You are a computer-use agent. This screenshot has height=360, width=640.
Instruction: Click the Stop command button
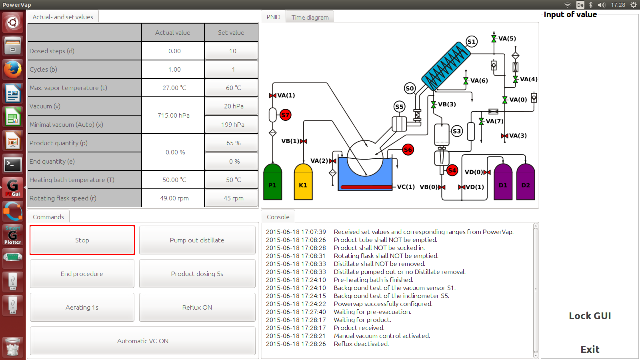tap(82, 240)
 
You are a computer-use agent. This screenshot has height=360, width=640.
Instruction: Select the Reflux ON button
tap(197, 307)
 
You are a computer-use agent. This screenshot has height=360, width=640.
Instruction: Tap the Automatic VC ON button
tap(142, 341)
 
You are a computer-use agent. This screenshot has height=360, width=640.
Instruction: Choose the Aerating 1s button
tap(82, 307)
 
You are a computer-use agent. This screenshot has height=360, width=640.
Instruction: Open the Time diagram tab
tap(310, 17)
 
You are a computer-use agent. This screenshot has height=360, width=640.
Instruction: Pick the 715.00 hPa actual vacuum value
tap(173, 115)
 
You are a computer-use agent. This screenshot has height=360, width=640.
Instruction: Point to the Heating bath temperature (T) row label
tap(72, 180)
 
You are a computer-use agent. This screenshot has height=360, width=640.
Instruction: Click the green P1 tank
tap(272, 182)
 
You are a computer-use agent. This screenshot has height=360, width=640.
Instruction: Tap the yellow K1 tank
tap(303, 182)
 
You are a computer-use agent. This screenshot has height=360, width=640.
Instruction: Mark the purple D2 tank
tap(526, 182)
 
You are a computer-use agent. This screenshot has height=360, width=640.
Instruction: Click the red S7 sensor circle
tap(285, 115)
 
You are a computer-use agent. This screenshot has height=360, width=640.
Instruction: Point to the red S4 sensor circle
tap(452, 170)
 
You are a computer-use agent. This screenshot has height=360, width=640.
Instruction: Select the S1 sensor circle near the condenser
tap(472, 42)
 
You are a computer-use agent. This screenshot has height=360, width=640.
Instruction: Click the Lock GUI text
tap(590, 316)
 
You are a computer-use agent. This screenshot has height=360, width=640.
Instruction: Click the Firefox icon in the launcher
tap(12, 70)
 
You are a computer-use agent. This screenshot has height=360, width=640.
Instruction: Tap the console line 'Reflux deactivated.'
tap(361, 344)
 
